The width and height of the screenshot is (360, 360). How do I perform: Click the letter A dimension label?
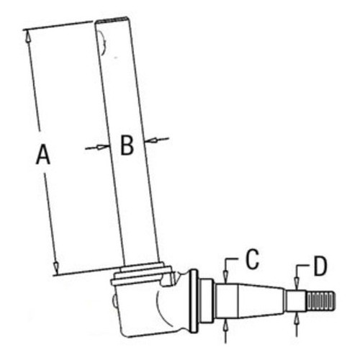[43, 155]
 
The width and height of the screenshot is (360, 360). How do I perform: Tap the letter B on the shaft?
[127, 145]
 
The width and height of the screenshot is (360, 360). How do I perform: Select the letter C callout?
[251, 261]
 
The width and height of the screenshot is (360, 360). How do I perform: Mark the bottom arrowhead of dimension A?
[56, 269]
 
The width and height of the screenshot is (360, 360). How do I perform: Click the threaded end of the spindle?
[320, 300]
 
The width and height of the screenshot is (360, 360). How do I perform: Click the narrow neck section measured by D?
[294, 300]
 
